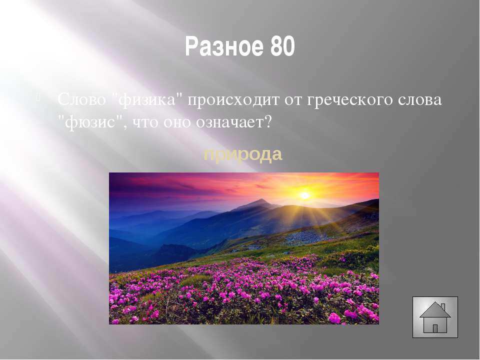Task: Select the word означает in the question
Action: click(229, 122)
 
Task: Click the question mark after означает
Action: click(268, 122)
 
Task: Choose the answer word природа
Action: click(243, 155)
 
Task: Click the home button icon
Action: click(435, 317)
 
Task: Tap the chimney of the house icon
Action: click(442, 306)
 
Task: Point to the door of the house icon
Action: click(435, 329)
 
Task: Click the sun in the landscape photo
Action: click(304, 195)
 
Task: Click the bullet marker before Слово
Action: click(38, 98)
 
